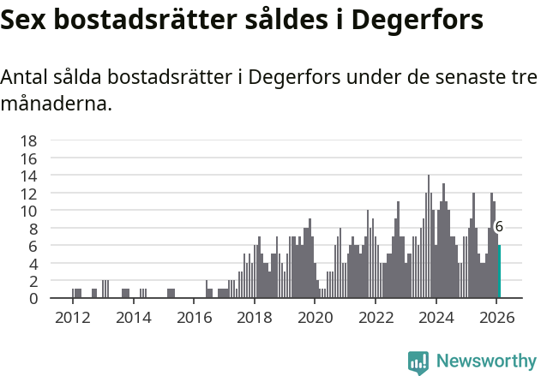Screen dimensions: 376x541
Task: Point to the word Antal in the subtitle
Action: click(25, 77)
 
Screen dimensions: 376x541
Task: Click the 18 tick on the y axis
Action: click(28, 140)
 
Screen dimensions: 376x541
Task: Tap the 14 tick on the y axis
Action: click(28, 176)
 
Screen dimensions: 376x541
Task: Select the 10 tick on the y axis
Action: click(28, 211)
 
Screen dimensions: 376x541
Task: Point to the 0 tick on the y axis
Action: click(33, 298)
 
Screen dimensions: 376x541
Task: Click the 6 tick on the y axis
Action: click(33, 246)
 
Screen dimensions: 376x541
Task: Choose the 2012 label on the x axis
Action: click(72, 317)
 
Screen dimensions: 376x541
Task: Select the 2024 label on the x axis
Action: click(436, 317)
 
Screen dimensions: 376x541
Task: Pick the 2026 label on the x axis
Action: click(496, 317)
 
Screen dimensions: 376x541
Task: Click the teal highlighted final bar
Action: click(499, 272)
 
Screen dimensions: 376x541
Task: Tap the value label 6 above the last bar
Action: click(499, 227)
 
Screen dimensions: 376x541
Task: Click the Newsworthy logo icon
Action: click(418, 362)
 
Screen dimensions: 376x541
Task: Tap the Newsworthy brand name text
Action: click(486, 361)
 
